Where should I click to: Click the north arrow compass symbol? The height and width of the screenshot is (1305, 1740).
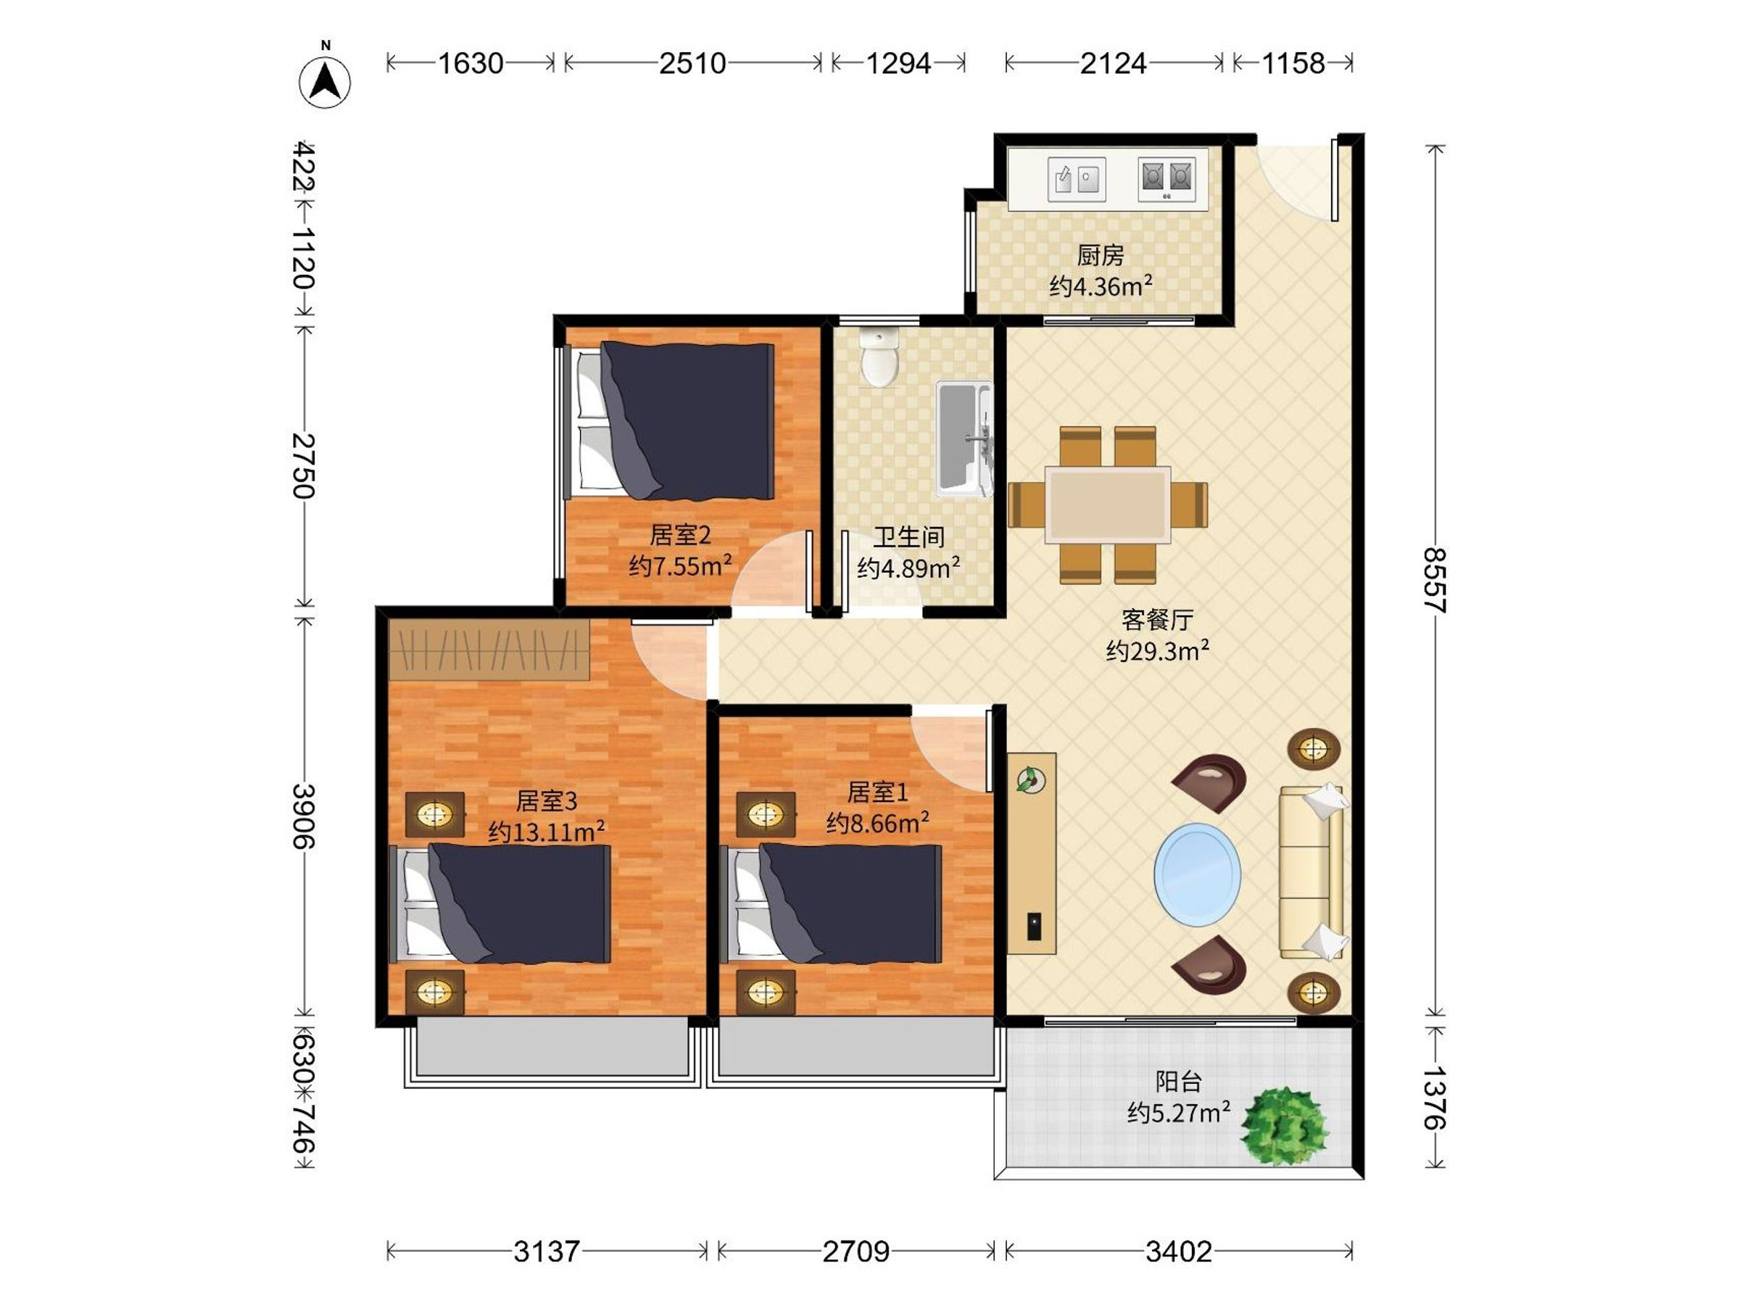coord(324,81)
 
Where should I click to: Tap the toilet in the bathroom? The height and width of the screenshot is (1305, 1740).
coord(879,358)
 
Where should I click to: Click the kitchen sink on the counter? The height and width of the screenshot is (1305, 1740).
coord(1077,179)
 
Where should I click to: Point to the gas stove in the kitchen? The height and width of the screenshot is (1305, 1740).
coord(1167,179)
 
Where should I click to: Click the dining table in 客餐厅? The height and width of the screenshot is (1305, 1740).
coord(1108,504)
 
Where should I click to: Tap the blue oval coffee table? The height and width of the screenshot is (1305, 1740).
coord(1197,874)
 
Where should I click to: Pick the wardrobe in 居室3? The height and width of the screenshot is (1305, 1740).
coord(489,650)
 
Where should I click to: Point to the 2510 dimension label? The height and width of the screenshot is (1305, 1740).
coord(692,63)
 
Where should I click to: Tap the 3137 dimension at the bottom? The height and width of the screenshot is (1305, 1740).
coord(547,1251)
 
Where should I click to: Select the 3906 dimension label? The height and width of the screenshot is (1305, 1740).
coord(304,816)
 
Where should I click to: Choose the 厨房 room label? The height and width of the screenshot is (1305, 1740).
coord(1101,255)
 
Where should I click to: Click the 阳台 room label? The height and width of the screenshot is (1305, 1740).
coord(1178,1082)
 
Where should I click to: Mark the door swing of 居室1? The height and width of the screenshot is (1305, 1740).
coord(950,750)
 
